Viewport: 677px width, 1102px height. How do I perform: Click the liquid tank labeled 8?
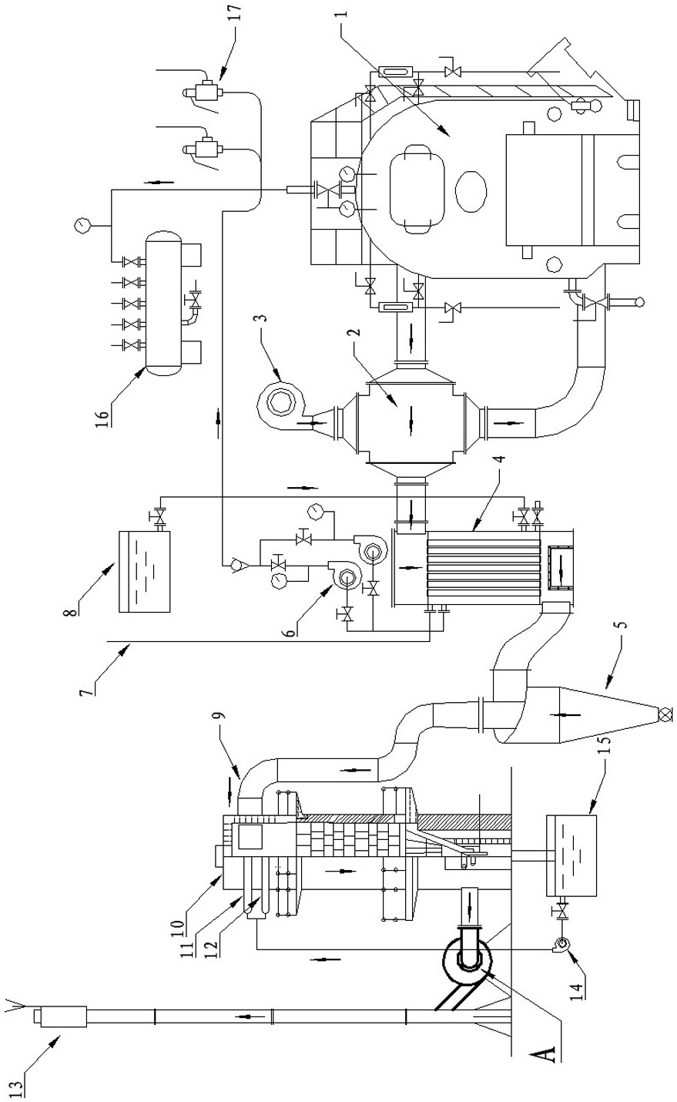click(x=145, y=571)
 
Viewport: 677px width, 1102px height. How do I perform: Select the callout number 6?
click(x=292, y=630)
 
